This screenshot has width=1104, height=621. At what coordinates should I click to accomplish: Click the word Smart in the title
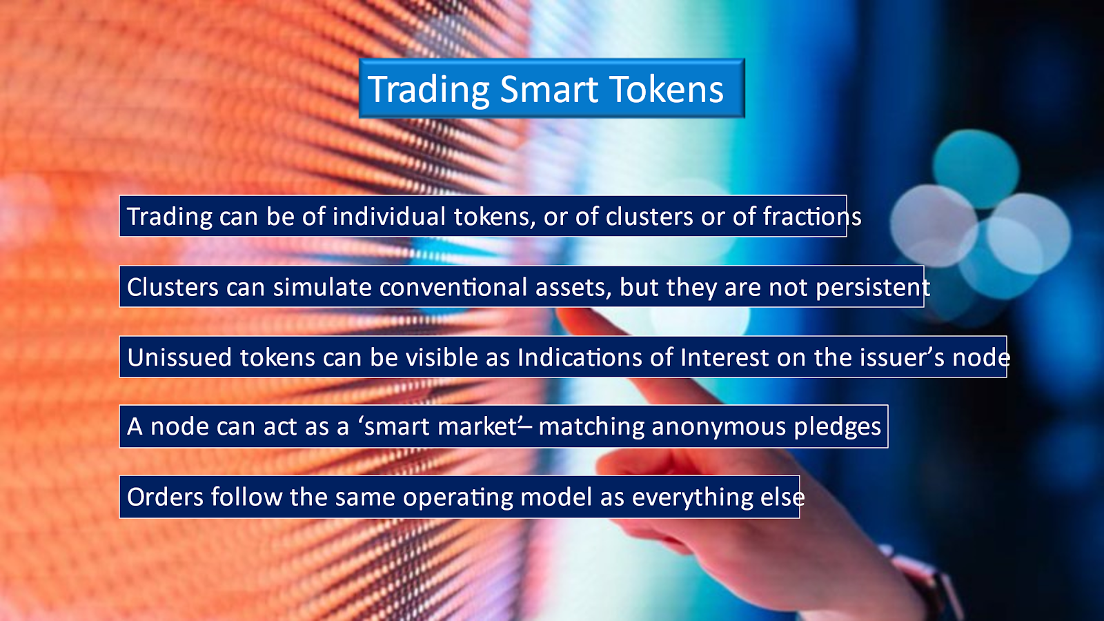coord(549,89)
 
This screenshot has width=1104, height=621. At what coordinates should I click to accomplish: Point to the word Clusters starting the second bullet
coord(172,287)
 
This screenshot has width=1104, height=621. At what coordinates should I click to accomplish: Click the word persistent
coord(873,287)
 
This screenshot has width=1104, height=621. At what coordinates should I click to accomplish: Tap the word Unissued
coord(179,357)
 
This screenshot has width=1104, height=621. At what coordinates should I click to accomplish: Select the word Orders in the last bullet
coord(165,497)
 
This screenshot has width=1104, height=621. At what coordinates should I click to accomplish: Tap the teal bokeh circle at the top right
coord(976,168)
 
